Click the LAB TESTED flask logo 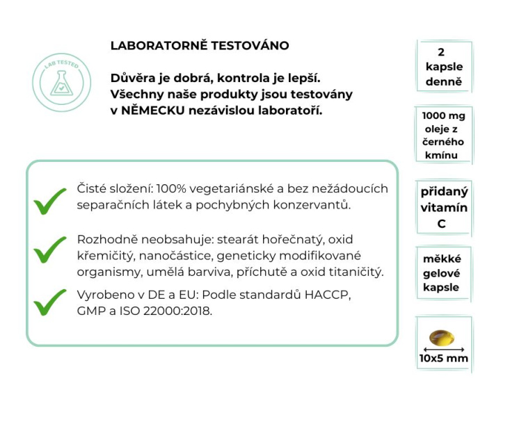tap(61, 82)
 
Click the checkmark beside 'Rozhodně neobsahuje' tap(50, 249)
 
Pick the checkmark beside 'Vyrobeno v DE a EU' tap(50, 302)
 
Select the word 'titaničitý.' tap(354, 271)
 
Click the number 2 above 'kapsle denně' tap(442, 52)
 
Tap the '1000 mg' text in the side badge tap(443, 116)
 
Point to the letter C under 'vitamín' tap(441, 224)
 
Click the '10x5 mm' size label tap(443, 359)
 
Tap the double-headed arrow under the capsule tap(443, 348)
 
